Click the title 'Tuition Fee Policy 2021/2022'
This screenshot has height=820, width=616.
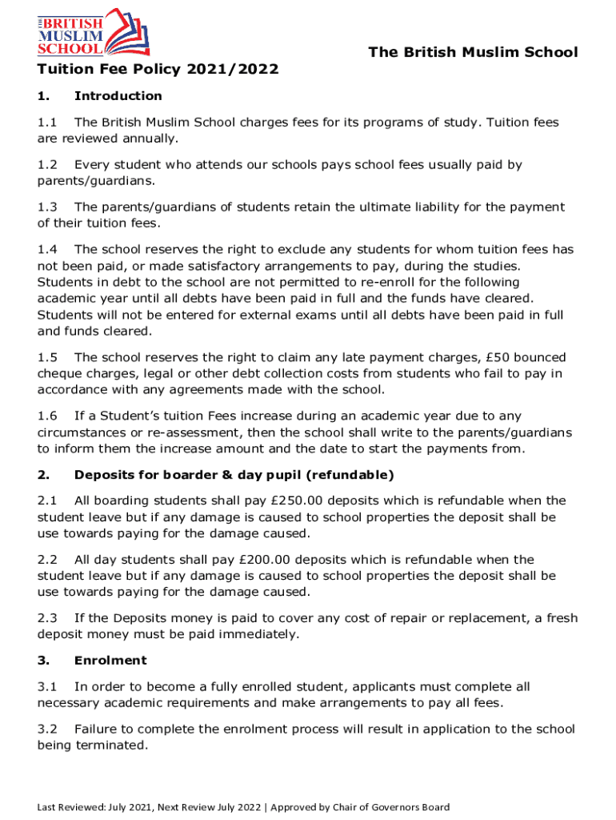(x=158, y=70)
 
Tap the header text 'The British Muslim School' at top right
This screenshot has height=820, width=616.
(x=472, y=53)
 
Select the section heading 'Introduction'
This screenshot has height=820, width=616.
(x=118, y=96)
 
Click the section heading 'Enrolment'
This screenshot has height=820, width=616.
(x=110, y=661)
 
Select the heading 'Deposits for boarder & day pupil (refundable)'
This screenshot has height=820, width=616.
(x=234, y=475)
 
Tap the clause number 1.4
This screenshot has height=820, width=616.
(x=47, y=250)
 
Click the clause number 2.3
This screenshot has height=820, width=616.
(x=47, y=618)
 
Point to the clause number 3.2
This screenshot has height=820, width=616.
(x=47, y=729)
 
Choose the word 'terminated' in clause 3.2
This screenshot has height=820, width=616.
(x=112, y=746)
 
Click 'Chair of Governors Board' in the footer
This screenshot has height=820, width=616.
(x=390, y=807)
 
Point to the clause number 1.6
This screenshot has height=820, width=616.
(x=47, y=416)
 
